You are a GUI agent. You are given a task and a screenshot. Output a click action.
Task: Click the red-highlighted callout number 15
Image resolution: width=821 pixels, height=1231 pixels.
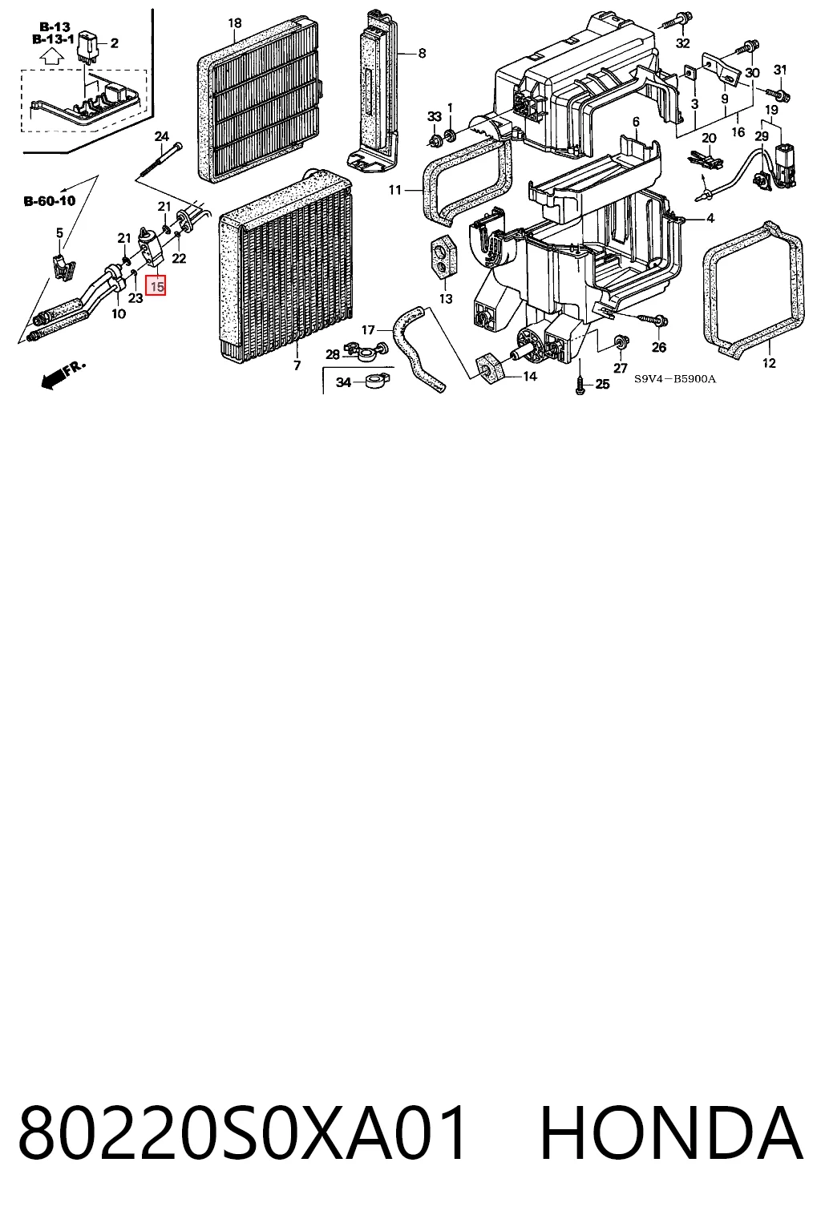pyautogui.click(x=156, y=286)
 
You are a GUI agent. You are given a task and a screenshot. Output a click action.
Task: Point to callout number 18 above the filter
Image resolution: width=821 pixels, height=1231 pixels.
pyautogui.click(x=235, y=23)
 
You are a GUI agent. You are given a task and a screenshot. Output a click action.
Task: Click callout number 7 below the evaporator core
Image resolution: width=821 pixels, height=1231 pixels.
pyautogui.click(x=297, y=365)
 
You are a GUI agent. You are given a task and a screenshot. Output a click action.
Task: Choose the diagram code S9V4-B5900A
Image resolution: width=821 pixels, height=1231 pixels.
pyautogui.click(x=675, y=379)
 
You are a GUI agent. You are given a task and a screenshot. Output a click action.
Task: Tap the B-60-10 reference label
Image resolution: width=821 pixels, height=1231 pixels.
pyautogui.click(x=50, y=201)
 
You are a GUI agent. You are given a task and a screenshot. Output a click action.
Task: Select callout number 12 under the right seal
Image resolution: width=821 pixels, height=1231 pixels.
pyautogui.click(x=769, y=363)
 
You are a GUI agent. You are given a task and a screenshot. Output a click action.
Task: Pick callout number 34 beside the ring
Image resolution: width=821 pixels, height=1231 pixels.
pyautogui.click(x=343, y=382)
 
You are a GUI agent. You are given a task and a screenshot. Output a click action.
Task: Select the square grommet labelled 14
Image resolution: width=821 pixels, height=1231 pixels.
pyautogui.click(x=489, y=369)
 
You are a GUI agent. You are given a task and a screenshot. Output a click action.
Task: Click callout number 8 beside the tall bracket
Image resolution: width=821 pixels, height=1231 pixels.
pyautogui.click(x=422, y=54)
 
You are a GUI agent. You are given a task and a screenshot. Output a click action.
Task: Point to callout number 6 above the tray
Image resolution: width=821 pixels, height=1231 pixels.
pyautogui.click(x=637, y=122)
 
